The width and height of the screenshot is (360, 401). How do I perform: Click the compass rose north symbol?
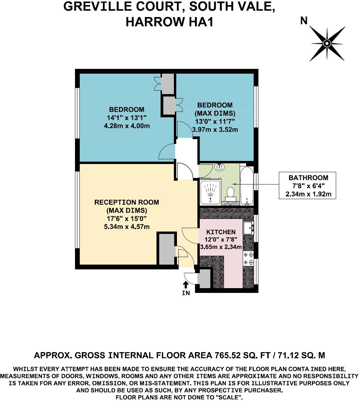[327, 43]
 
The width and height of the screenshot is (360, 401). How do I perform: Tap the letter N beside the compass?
[303, 21]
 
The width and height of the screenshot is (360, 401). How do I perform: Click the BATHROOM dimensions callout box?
[308, 186]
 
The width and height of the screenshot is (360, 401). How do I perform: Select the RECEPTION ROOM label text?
[126, 202]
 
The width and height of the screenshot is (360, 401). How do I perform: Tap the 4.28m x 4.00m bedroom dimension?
[126, 126]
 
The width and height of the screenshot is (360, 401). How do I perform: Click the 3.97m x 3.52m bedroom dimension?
[215, 129]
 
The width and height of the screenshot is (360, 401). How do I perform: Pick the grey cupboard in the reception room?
[166, 249]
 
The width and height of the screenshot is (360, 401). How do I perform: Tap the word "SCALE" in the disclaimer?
[231, 398]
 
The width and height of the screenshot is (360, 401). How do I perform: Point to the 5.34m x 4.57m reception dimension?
[126, 227]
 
